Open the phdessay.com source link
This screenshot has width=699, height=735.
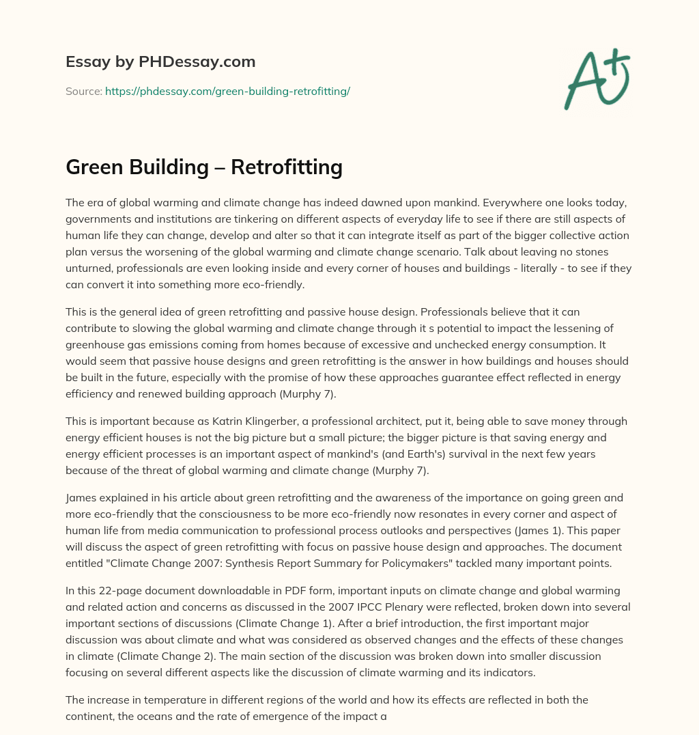click(227, 91)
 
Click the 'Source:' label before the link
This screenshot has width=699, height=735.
click(83, 91)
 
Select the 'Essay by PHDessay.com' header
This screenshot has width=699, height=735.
click(160, 62)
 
